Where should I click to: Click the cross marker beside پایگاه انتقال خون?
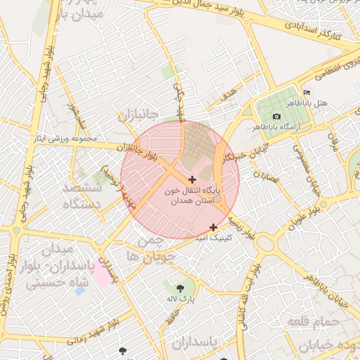coord(193,180)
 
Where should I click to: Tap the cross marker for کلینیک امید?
coord(214,226)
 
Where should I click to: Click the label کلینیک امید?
coord(212,239)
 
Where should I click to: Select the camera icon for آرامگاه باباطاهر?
coord(276,116)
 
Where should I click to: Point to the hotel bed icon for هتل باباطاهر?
coord(306,93)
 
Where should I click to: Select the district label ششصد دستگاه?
coord(83,196)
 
